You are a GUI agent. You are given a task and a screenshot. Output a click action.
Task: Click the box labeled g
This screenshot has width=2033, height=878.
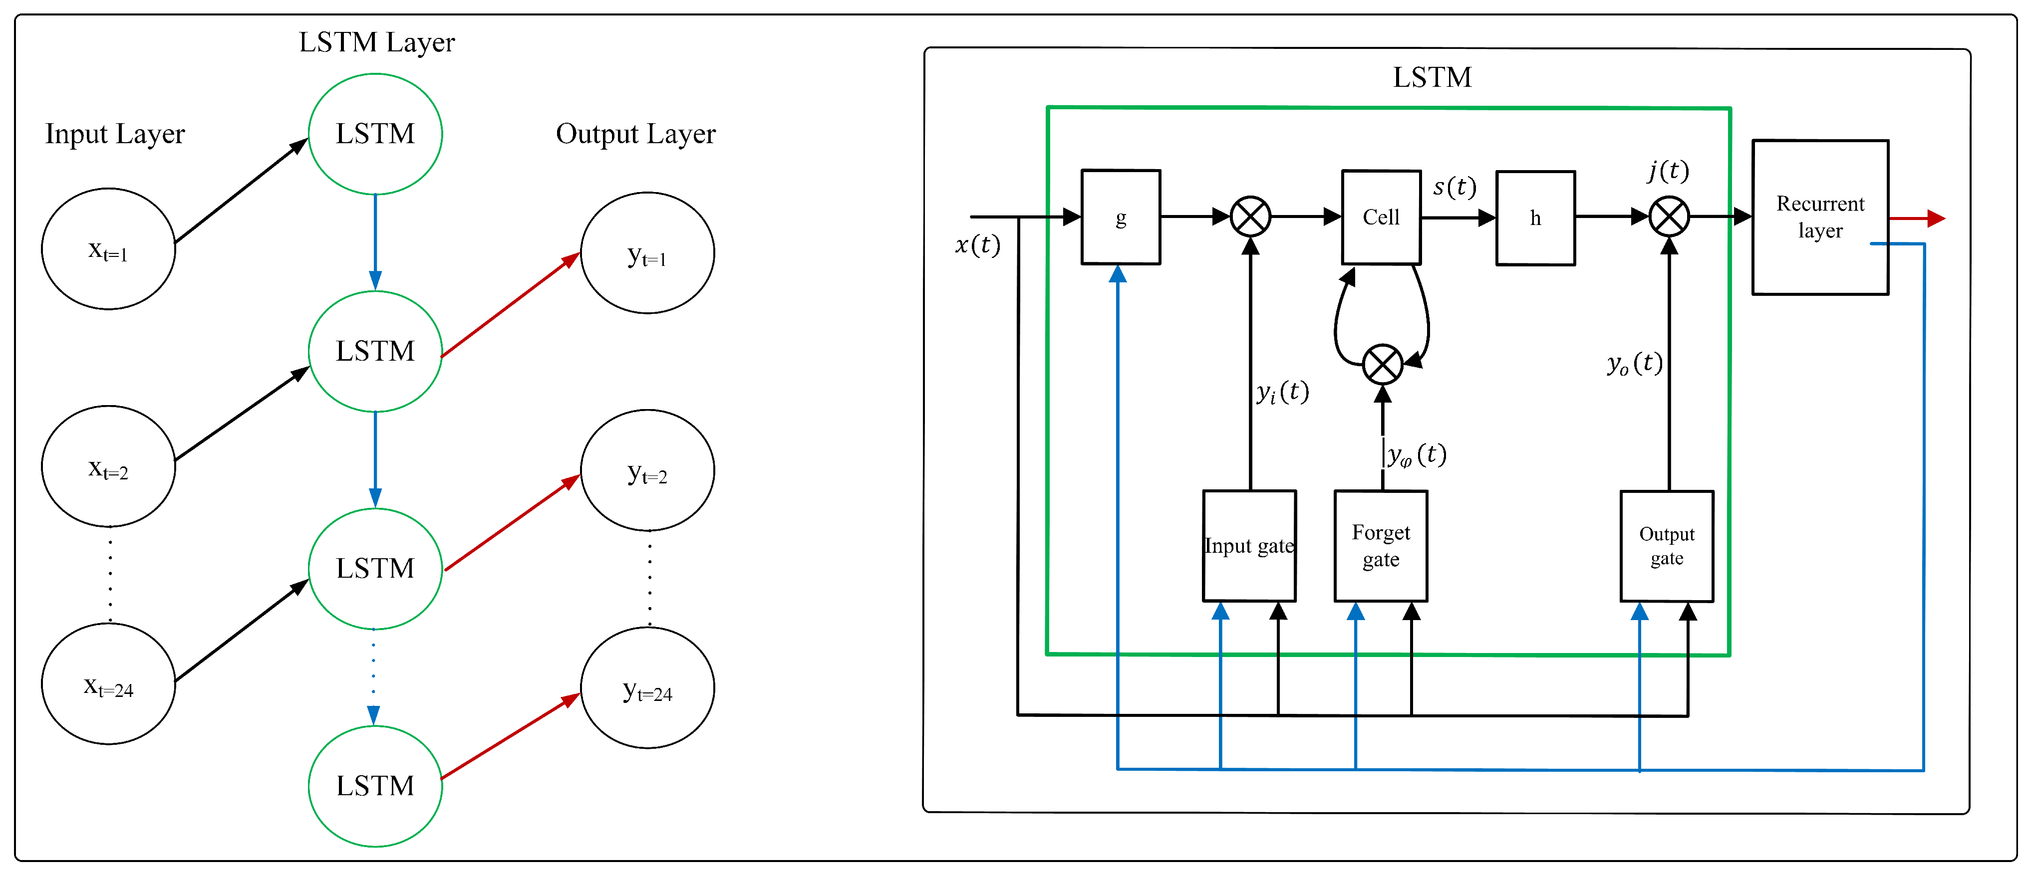click(1120, 217)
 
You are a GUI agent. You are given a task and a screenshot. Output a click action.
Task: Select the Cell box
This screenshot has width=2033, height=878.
click(1381, 217)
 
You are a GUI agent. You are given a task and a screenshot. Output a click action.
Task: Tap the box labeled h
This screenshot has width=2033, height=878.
click(1535, 218)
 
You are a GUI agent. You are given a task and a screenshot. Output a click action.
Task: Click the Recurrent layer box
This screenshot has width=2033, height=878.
click(1820, 217)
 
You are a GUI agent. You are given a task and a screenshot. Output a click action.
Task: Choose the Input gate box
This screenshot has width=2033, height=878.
click(1248, 546)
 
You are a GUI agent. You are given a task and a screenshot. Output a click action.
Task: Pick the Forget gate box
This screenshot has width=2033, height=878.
click(1380, 546)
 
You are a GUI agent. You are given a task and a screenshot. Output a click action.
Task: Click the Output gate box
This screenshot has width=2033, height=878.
click(1666, 546)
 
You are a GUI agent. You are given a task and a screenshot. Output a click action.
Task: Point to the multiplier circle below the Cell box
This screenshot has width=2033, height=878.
click(1383, 365)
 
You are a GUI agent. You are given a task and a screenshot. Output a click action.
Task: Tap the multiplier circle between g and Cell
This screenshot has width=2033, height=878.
click(1250, 216)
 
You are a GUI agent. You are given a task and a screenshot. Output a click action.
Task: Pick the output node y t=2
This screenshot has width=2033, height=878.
click(647, 471)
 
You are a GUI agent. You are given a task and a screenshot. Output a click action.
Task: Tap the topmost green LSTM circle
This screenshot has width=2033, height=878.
click(375, 134)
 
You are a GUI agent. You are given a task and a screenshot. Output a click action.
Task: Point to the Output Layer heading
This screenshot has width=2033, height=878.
click(635, 134)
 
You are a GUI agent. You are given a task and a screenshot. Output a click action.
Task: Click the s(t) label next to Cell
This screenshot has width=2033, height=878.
click(1454, 187)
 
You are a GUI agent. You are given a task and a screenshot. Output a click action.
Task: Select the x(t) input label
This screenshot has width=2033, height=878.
click(977, 245)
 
